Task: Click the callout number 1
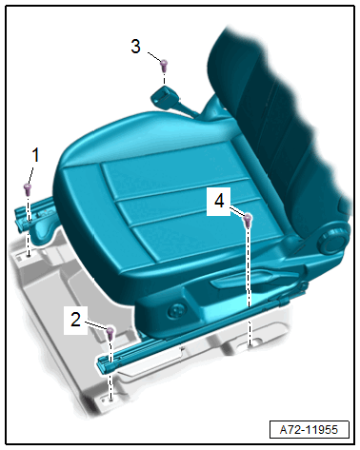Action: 35,155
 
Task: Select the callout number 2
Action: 75,320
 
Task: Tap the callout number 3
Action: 135,47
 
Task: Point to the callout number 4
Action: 219,201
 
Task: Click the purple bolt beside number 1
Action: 28,189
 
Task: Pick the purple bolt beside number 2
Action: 110,333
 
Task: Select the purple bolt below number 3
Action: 164,65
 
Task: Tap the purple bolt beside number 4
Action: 248,220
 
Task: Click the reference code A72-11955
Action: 309,430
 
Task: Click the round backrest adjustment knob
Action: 330,242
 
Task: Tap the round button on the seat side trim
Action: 175,311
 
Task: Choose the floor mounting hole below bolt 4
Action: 250,343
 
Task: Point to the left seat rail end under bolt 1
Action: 22,216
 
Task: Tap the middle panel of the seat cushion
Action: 184,202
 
